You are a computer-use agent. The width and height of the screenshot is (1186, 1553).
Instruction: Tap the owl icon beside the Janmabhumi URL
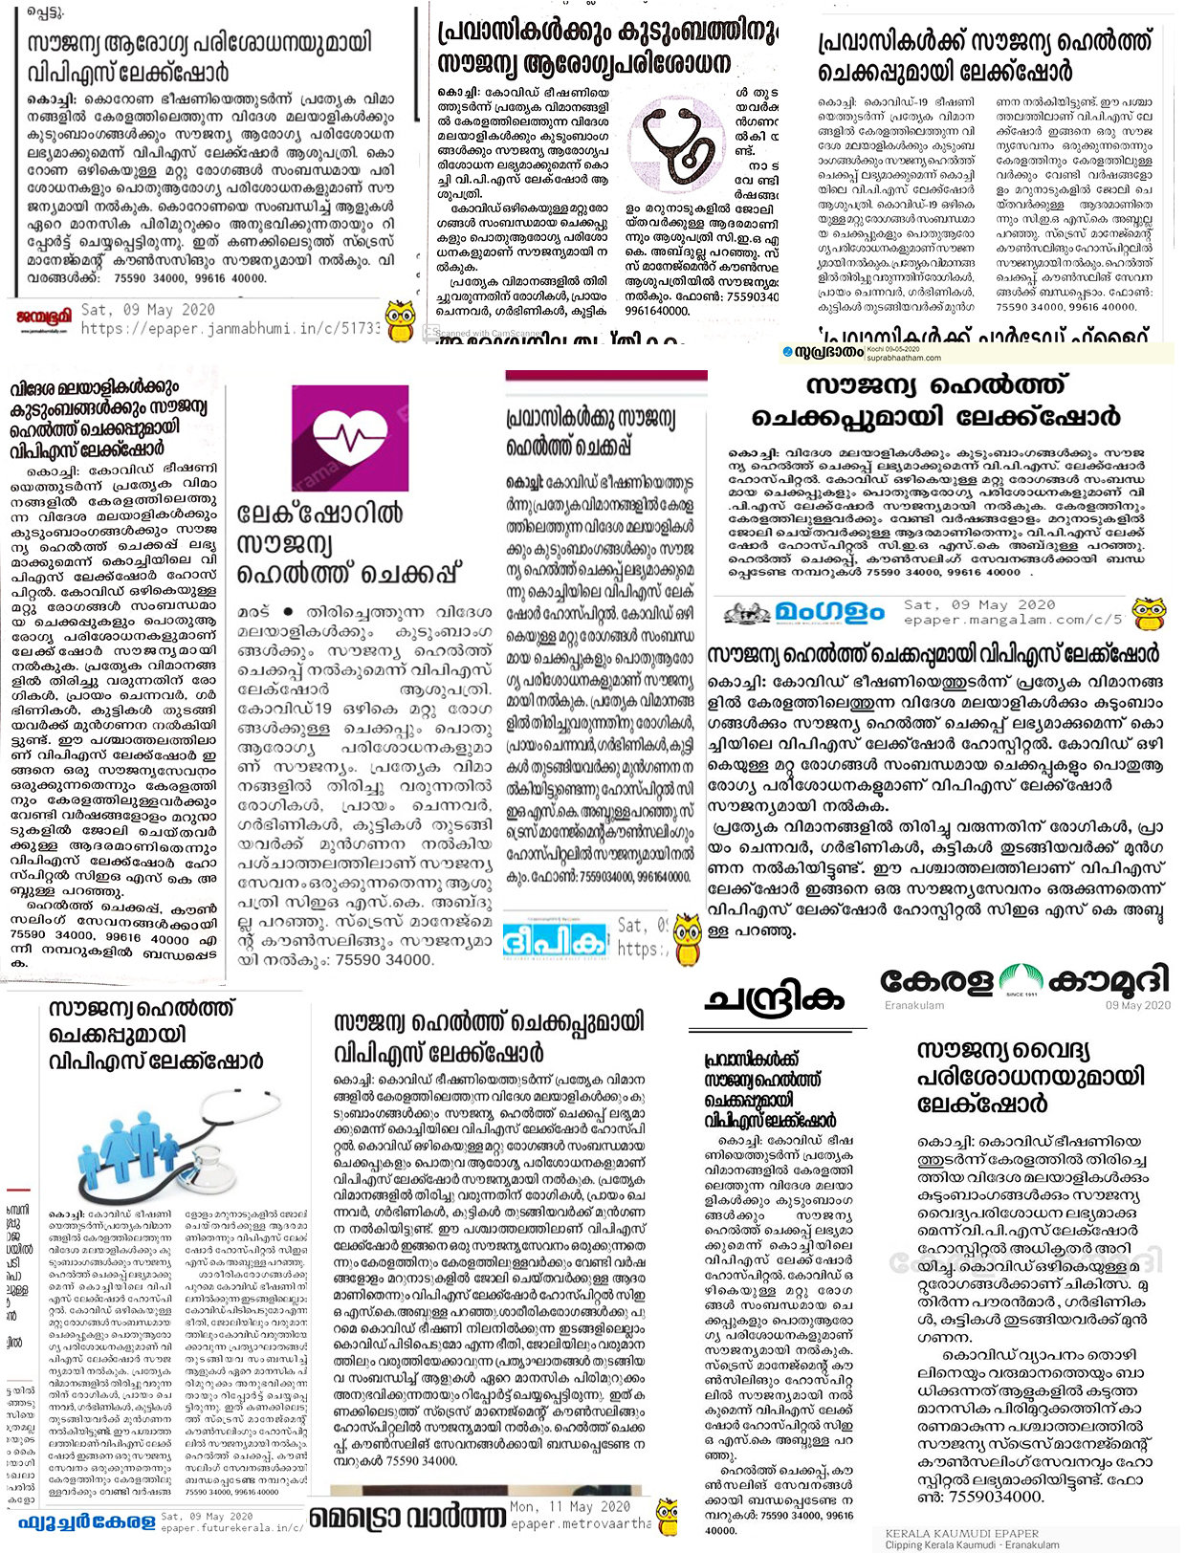[399, 317]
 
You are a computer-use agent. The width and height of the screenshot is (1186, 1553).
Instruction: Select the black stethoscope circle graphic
[677, 143]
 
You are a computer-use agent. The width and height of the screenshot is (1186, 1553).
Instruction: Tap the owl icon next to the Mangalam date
[1148, 613]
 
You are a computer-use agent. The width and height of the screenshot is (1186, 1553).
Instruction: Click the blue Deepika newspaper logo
[556, 939]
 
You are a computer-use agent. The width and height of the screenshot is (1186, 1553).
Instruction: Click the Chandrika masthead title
[776, 999]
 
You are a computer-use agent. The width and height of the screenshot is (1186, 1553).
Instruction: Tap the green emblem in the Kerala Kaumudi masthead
[1021, 981]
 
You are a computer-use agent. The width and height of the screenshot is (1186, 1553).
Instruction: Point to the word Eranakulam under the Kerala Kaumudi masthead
[913, 1005]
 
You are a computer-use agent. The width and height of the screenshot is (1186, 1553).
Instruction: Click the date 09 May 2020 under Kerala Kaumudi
[1137, 1005]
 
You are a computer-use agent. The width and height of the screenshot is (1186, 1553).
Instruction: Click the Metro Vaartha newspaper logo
[407, 1517]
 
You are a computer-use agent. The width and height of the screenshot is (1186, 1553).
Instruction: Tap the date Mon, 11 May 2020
[570, 1506]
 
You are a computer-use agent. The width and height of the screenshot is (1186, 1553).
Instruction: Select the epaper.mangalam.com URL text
[1013, 620]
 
